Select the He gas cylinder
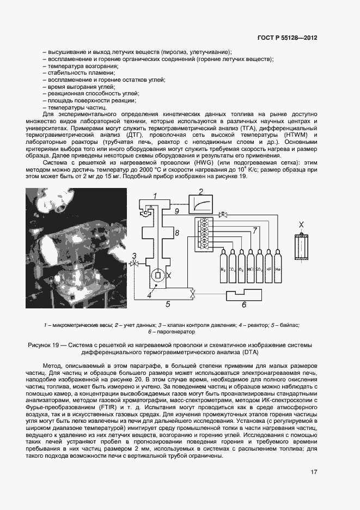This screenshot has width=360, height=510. point(277,268)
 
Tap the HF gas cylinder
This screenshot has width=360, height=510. point(268,268)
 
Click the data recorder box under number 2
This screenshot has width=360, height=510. point(202,204)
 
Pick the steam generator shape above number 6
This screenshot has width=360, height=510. point(244,296)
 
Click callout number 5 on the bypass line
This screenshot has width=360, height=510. point(168,305)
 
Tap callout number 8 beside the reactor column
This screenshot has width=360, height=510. point(176,233)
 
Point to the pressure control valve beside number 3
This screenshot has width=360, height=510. point(134,264)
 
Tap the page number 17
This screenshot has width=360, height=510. point(314,472)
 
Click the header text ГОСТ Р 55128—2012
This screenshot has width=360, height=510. point(287,38)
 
